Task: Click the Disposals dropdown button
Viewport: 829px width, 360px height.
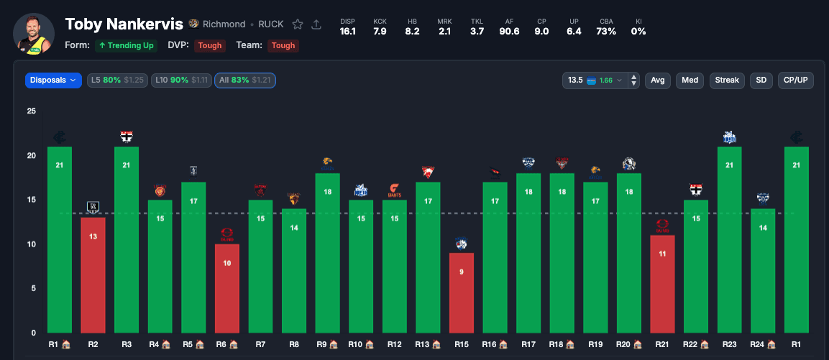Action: (x=54, y=80)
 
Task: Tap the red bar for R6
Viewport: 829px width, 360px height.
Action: (x=226, y=288)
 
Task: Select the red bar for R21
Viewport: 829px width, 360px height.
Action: (x=661, y=284)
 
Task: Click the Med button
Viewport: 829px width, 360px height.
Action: (x=690, y=80)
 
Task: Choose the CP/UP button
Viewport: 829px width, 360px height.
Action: (x=795, y=80)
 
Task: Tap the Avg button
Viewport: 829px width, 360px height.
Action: (x=657, y=80)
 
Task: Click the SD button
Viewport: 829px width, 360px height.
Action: (x=761, y=80)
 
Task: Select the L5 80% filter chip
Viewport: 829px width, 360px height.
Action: (x=117, y=80)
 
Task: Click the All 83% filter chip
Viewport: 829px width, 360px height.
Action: (x=244, y=80)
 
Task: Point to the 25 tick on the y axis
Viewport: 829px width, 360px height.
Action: (x=30, y=111)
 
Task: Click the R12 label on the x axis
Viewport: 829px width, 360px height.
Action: (x=394, y=344)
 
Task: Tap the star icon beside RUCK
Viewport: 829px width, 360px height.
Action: (x=297, y=24)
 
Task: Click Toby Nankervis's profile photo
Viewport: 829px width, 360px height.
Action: (x=34, y=33)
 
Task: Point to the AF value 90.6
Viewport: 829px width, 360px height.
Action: (x=510, y=31)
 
